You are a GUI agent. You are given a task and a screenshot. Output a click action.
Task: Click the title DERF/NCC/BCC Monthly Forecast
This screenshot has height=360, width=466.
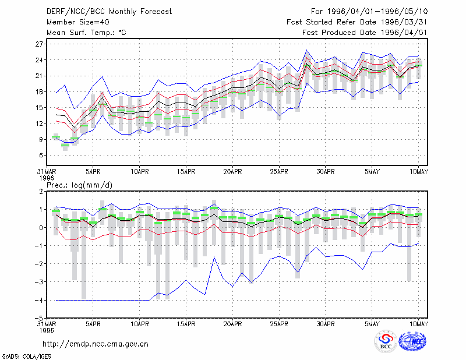(x=109, y=12)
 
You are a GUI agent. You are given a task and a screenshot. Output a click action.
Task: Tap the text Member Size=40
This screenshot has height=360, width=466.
(x=78, y=22)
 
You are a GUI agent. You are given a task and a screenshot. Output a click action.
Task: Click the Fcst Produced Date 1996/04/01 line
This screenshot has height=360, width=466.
(x=365, y=33)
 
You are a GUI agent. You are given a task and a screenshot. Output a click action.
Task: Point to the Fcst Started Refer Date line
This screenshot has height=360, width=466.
(x=356, y=22)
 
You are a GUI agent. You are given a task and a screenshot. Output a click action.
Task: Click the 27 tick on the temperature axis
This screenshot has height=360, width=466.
(x=39, y=44)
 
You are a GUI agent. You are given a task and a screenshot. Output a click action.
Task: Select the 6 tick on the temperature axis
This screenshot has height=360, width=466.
(x=41, y=156)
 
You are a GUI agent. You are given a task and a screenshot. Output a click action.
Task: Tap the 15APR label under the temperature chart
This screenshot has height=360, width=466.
(x=186, y=171)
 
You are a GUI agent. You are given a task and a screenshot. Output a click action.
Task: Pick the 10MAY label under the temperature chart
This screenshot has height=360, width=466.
(x=418, y=171)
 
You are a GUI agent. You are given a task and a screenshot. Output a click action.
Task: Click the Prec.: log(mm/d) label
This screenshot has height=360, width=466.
(x=79, y=185)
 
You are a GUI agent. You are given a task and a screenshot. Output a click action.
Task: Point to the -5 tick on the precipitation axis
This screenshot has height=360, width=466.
(x=39, y=319)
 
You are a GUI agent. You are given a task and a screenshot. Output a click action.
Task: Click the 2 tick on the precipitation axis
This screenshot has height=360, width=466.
(x=41, y=192)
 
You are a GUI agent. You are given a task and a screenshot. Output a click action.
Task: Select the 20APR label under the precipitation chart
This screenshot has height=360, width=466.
(x=232, y=324)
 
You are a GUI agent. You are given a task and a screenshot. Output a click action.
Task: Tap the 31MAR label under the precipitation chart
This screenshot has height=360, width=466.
(x=47, y=324)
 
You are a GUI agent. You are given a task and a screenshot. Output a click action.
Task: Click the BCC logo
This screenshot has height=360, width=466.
(x=386, y=341)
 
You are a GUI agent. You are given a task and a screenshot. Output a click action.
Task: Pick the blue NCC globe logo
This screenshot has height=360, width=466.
(x=412, y=341)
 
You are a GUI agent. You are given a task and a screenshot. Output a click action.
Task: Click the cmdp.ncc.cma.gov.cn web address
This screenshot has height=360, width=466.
(x=96, y=344)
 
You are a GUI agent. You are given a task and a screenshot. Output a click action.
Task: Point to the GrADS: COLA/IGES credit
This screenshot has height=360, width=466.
(x=26, y=356)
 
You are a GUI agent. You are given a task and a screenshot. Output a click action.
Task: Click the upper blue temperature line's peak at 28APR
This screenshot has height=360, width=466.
(x=307, y=50)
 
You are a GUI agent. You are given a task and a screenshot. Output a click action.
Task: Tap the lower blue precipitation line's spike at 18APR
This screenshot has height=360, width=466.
(x=214, y=256)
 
